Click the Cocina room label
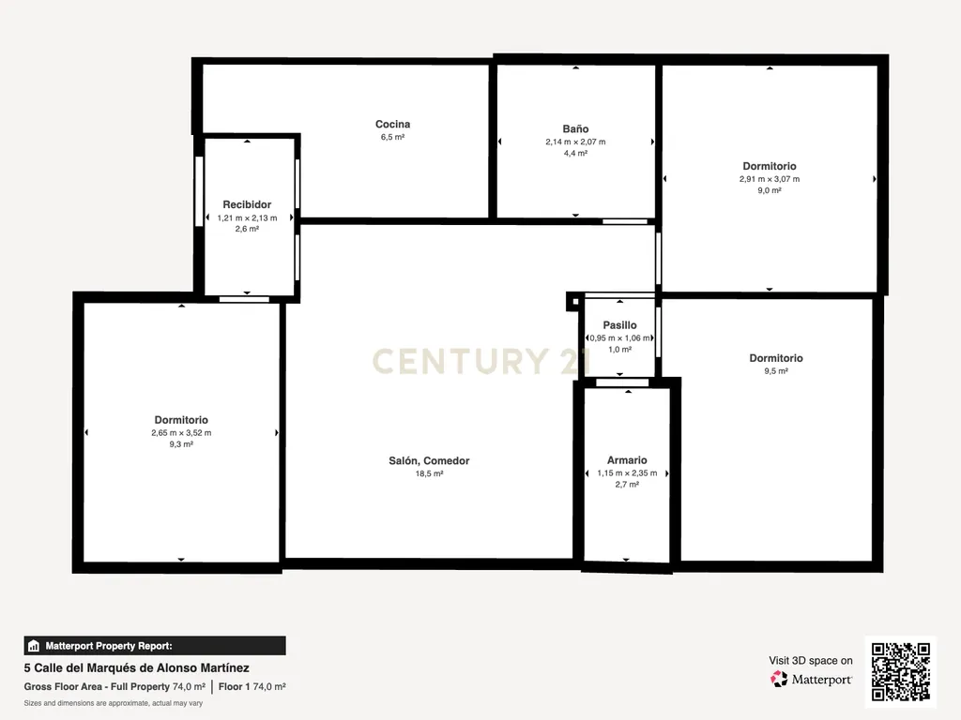point(393,125)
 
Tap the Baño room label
point(575,128)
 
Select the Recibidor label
point(247,204)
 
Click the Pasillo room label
point(619,325)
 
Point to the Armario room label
point(627,459)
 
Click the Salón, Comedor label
point(429,460)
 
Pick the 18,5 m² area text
point(429,473)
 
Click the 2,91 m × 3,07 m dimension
point(770,179)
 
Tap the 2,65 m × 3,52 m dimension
point(181,433)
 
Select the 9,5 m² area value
point(776,371)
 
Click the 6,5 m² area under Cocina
point(393,137)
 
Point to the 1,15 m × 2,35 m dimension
point(627,472)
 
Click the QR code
point(901,671)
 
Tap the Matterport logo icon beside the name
point(779,679)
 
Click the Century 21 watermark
point(481,361)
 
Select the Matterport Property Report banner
point(155,646)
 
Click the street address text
point(137,667)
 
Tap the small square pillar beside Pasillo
point(575,301)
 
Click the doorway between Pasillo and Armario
point(622,382)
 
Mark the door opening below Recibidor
point(245,299)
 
